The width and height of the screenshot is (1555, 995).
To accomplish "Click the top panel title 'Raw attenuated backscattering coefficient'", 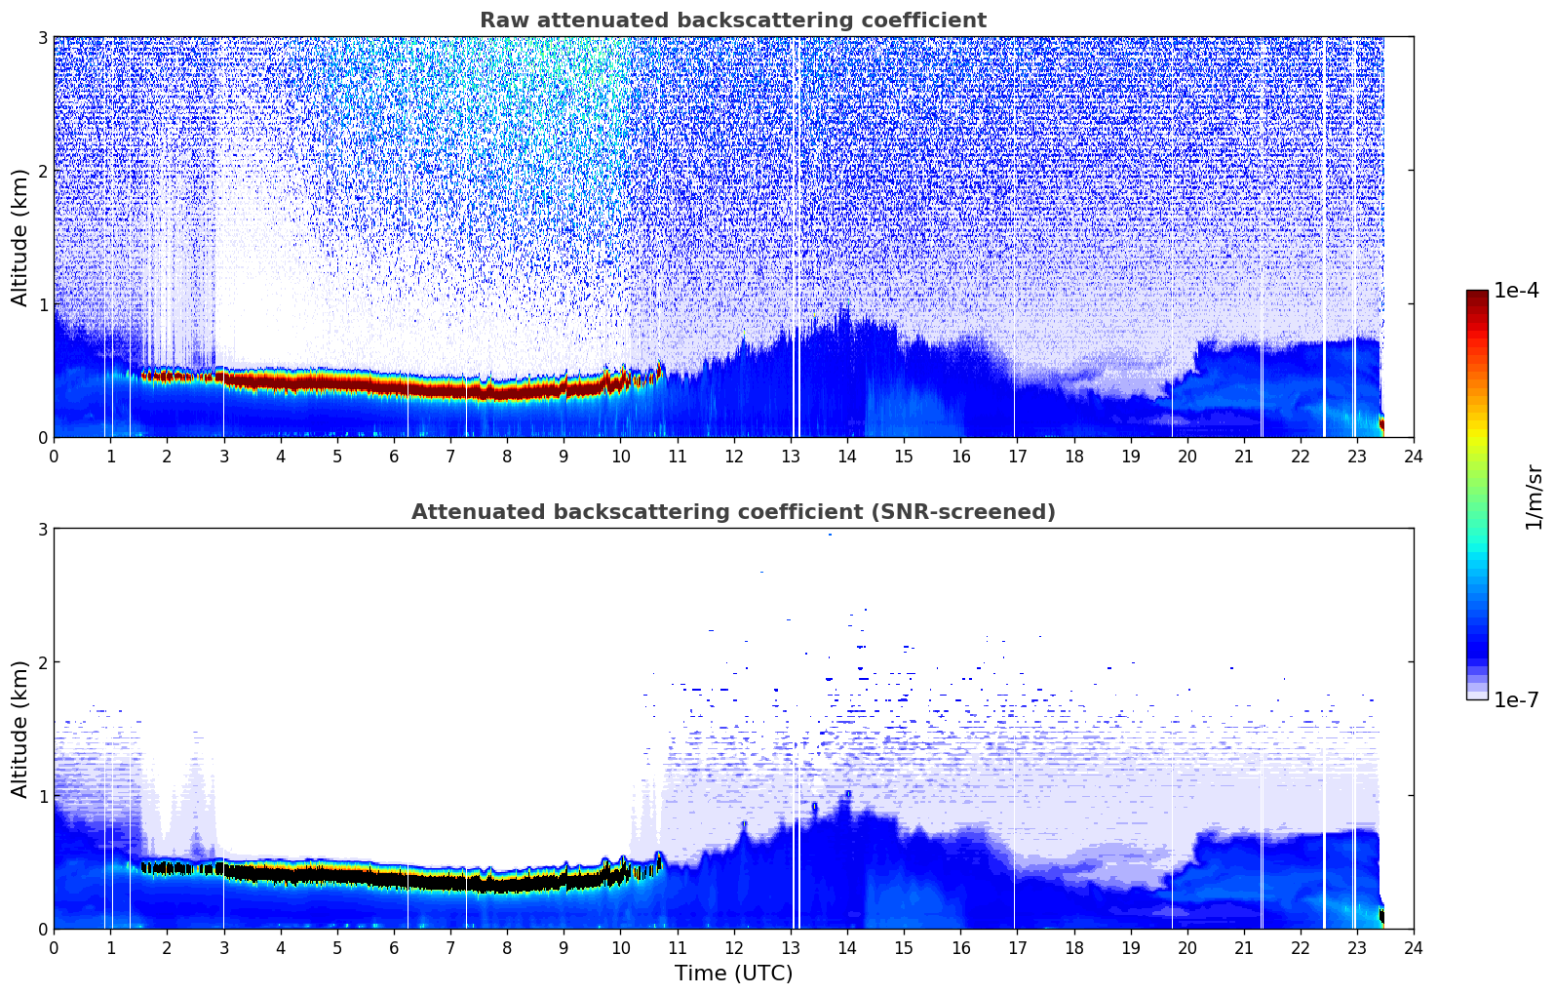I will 732,20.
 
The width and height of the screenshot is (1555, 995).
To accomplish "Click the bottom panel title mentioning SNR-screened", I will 732,512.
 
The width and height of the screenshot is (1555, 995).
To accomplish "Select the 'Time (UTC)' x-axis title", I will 733,973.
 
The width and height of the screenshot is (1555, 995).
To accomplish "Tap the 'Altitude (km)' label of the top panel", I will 20,237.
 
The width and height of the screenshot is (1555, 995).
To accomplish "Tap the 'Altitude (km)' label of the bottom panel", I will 20,729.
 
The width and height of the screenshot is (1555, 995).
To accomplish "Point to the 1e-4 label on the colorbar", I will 1516,291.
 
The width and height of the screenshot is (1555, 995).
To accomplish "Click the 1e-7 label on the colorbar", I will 1516,699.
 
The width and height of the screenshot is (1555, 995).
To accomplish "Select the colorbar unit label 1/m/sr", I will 1534,497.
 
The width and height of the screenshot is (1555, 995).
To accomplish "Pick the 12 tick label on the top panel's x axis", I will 733,456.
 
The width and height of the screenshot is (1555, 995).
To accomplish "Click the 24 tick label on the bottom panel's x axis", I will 1413,947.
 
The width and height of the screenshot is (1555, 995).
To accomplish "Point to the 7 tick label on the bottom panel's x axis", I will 450,947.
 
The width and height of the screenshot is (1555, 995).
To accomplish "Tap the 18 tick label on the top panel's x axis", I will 1073,456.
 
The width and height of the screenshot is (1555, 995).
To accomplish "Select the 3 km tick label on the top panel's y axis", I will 42,37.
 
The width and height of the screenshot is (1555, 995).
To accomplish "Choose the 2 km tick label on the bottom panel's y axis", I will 42,662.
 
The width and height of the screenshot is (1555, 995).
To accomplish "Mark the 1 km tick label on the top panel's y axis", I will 42,304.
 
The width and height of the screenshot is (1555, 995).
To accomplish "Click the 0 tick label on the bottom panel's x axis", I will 54,947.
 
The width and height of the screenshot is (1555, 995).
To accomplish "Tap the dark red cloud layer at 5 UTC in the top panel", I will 337,383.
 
